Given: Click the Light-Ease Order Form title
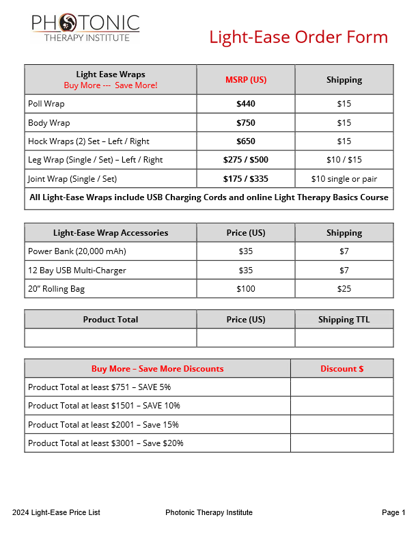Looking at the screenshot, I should [x=298, y=37].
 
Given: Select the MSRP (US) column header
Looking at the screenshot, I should [x=246, y=80].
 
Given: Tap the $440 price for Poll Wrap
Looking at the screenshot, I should [x=246, y=104].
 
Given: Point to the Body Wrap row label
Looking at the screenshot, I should [x=49, y=123].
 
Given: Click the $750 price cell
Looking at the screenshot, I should [x=246, y=123].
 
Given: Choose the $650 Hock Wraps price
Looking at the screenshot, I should [x=246, y=141].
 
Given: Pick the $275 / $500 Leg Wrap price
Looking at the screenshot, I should [x=246, y=160].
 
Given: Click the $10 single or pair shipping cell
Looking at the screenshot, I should [x=344, y=179].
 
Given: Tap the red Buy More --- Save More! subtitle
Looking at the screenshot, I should [x=111, y=85].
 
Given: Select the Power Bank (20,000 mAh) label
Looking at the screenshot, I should [x=77, y=251].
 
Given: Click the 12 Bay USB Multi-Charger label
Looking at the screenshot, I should [x=77, y=270].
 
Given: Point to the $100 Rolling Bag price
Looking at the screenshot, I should [x=246, y=289].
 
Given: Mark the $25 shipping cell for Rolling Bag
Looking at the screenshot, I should [x=344, y=289].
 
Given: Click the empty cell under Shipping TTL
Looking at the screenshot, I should [x=344, y=338].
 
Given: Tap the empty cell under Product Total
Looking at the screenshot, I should [x=111, y=338].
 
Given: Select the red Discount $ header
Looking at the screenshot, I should [x=342, y=369].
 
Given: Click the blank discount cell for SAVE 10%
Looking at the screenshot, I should [x=342, y=406].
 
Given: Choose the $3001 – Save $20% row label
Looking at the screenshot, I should [x=106, y=443].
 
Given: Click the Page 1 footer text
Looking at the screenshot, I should [x=393, y=512].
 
